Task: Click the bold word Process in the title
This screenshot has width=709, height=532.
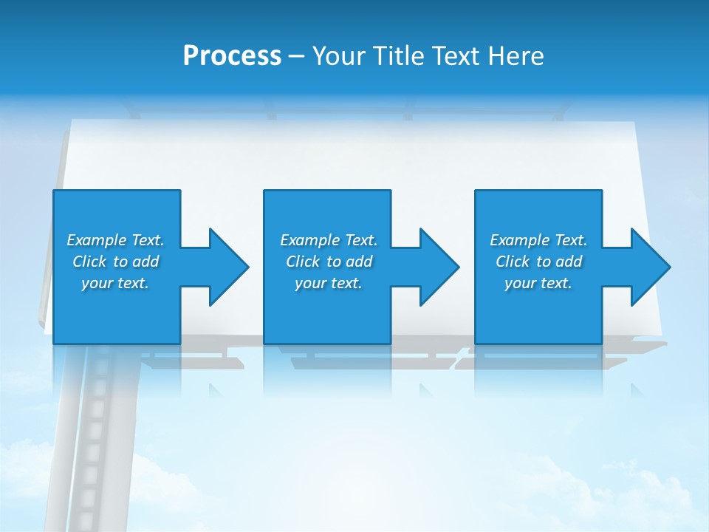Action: [232, 56]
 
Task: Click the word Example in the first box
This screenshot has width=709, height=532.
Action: [97, 240]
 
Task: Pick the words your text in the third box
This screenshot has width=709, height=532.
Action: [538, 283]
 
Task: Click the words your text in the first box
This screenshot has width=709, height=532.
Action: [115, 283]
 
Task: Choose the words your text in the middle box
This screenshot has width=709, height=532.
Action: [328, 283]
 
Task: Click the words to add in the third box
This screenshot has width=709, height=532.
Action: [559, 262]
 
